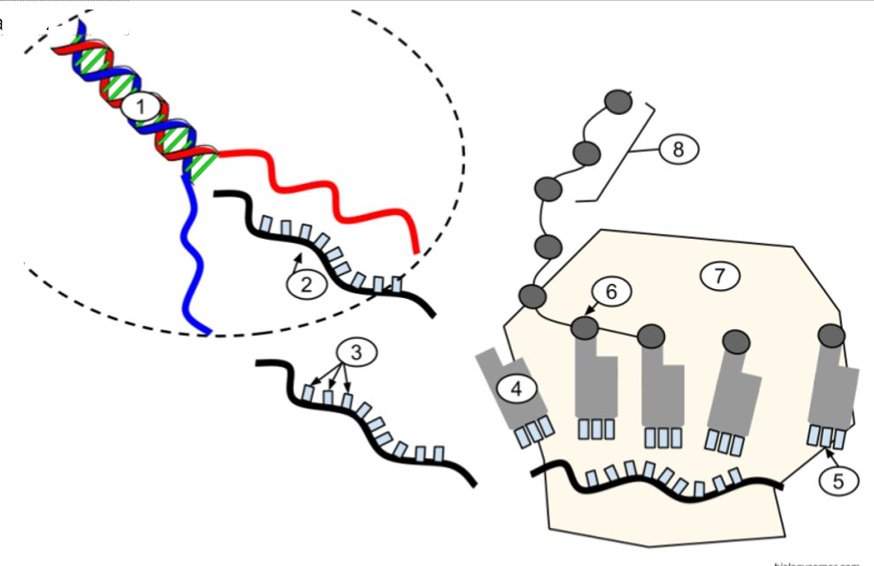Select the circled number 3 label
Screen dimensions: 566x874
(x=356, y=353)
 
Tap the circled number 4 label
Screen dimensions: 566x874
(x=515, y=386)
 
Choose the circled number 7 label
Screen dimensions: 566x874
(x=719, y=276)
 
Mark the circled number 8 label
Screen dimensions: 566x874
(x=678, y=149)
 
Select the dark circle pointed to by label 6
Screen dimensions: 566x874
(x=584, y=328)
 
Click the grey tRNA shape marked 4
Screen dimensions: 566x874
(x=511, y=389)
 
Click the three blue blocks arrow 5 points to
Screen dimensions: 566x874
(x=826, y=436)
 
